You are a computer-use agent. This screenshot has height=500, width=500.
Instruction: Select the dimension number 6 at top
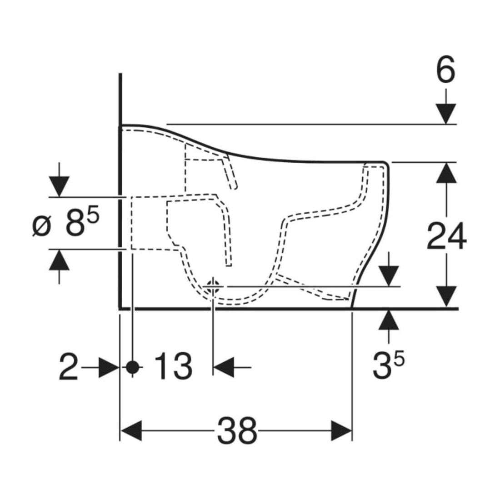pyautogui.click(x=446, y=70)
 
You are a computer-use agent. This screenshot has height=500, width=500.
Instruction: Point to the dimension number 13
pyautogui.click(x=173, y=366)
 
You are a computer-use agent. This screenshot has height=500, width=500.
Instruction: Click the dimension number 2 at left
pyautogui.click(x=69, y=366)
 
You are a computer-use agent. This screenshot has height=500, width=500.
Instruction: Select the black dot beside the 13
pyautogui.click(x=133, y=367)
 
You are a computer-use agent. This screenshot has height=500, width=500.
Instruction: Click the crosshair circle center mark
pyautogui.click(x=212, y=286)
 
